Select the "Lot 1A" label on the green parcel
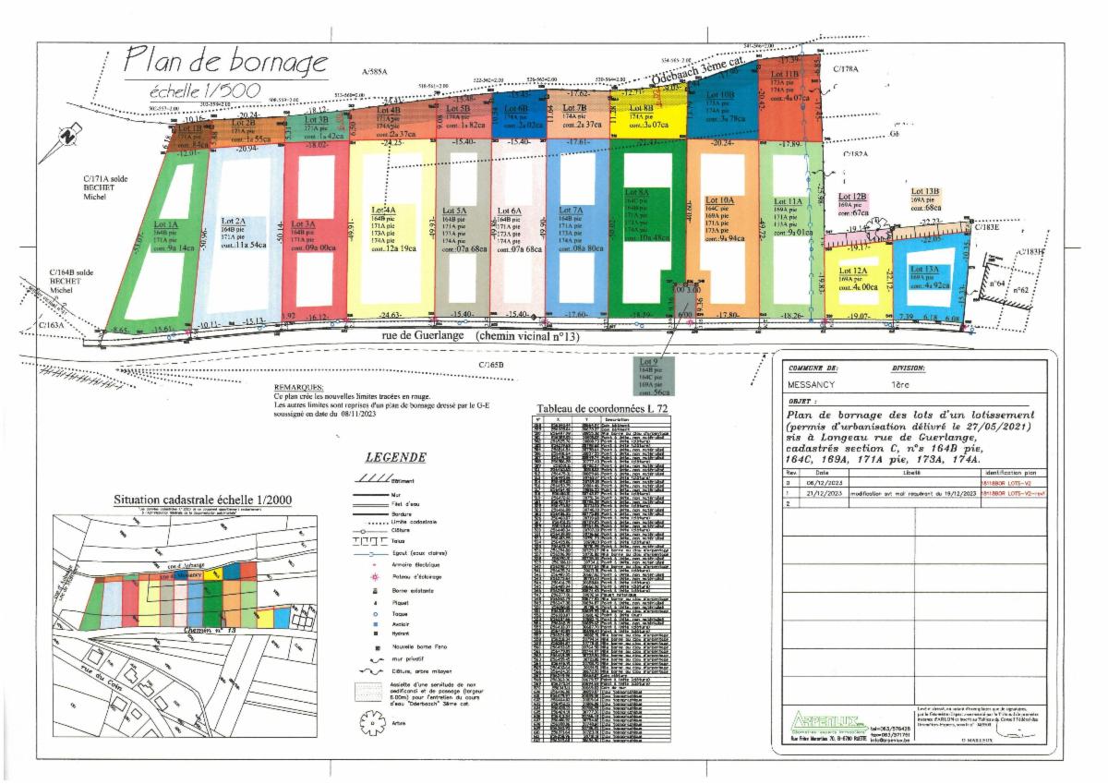(x=167, y=224)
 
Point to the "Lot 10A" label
(x=719, y=199)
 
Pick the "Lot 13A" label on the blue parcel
(x=924, y=269)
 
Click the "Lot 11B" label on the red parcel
(x=785, y=74)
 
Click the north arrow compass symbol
(x=66, y=136)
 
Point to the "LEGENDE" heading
(x=395, y=456)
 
